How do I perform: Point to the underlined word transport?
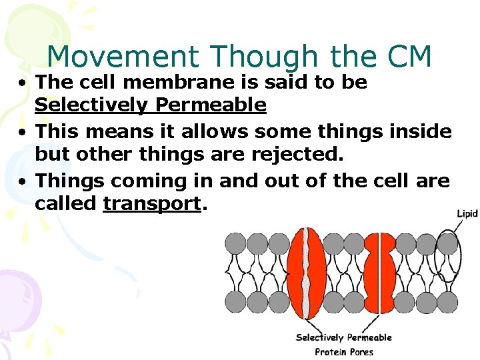click(x=152, y=203)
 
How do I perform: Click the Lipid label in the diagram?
click(x=467, y=213)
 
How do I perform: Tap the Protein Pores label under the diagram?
click(x=344, y=351)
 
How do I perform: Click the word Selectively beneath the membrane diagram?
click(x=319, y=337)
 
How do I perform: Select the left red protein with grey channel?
click(x=306, y=273)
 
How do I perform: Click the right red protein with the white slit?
click(x=380, y=273)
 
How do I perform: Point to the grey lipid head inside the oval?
click(x=447, y=243)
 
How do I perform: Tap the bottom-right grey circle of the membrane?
click(x=447, y=302)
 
